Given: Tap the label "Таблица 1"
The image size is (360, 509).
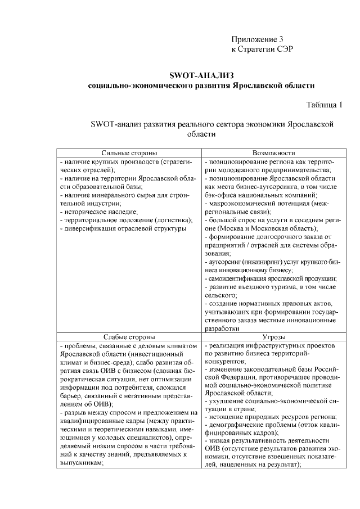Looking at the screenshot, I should pyautogui.click(x=324, y=105).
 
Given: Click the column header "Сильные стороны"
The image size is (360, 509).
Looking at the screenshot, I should pyautogui.click(x=129, y=153).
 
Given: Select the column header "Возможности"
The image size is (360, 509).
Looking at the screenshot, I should pyautogui.click(x=274, y=153).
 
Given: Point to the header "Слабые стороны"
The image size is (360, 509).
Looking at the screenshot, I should pyautogui.click(x=129, y=336).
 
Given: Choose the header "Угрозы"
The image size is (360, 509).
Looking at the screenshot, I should pyautogui.click(x=274, y=336).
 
